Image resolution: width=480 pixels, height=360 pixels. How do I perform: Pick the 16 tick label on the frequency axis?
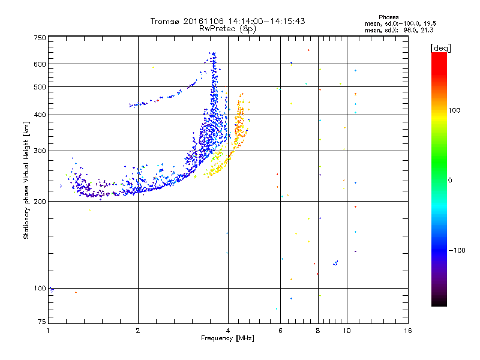407,331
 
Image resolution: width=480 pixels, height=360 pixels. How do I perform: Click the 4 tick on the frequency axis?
228,331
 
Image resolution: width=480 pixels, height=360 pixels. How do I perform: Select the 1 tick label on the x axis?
48,331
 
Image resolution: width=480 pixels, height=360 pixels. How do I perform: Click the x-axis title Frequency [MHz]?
227,338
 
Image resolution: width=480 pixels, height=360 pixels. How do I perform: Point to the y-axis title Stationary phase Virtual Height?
26,180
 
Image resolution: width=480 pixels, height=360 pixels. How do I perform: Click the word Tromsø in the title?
164,21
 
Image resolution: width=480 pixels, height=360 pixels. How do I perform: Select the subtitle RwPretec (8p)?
227,28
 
